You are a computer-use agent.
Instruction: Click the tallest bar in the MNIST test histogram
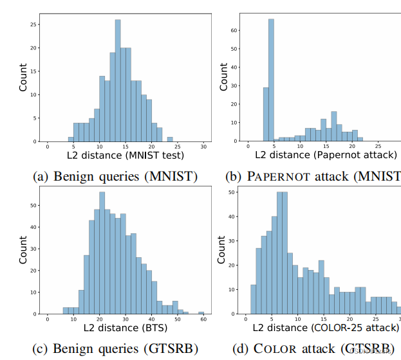coord(118,80)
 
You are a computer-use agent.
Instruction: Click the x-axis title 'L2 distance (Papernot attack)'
coord(325,156)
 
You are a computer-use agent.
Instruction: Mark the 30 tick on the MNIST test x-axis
coord(203,147)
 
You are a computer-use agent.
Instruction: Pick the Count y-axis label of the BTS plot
coord(23,250)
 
